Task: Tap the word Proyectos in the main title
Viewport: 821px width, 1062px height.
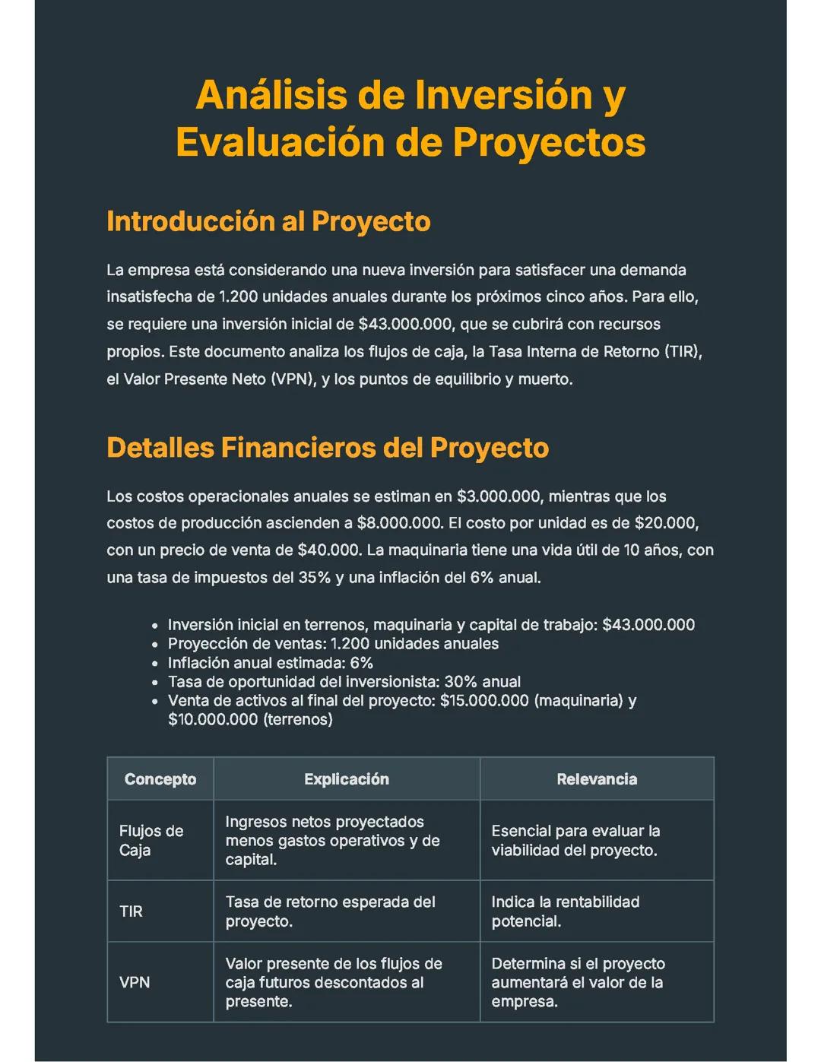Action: [x=549, y=142]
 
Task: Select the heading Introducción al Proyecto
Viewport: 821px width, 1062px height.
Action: [x=268, y=221]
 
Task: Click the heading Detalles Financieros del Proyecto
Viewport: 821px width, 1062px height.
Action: [x=328, y=448]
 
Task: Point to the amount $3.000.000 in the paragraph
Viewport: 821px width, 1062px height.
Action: [x=498, y=496]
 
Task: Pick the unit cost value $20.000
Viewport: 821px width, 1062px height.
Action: [x=665, y=523]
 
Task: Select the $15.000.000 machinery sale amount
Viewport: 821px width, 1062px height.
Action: [x=484, y=700]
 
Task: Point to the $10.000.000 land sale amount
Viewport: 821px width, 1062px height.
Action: [x=213, y=719]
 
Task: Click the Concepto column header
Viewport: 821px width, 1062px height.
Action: [x=160, y=779]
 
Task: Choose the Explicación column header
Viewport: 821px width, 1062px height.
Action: [x=347, y=779]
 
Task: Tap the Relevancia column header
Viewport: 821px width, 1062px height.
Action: [x=597, y=779]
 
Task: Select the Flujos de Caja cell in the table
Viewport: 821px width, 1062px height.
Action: [x=151, y=841]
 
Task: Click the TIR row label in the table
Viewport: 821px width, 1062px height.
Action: [x=131, y=911]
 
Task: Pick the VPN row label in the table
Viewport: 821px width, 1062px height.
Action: [x=135, y=982]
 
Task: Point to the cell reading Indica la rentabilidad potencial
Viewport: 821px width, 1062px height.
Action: [x=565, y=911]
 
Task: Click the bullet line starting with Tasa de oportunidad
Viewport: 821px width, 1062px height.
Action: [x=344, y=682]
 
